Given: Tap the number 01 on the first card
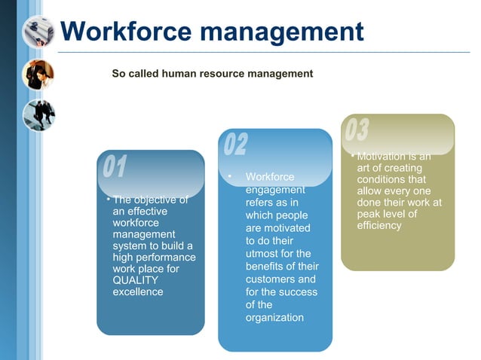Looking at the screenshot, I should (x=115, y=167).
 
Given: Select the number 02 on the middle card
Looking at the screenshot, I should (x=235, y=145).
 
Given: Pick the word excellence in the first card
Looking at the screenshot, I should (x=138, y=291).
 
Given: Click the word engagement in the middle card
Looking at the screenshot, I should (x=275, y=190).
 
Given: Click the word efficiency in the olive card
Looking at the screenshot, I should (x=379, y=225).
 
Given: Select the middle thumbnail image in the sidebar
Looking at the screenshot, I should (x=38, y=74).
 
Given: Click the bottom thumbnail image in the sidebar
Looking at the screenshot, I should (x=38, y=114).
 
